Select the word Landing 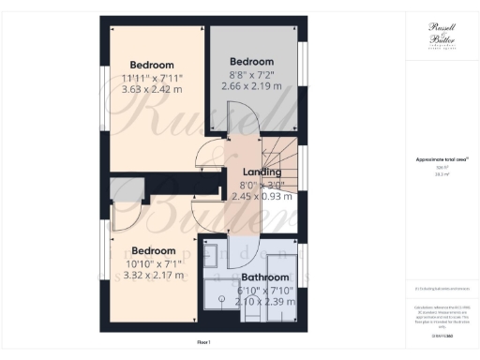262,172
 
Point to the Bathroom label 265,277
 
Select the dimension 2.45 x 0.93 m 262,197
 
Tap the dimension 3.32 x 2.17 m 154,276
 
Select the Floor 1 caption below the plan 203,343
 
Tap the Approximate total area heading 436,160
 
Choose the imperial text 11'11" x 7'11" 153,78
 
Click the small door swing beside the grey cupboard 125,217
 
